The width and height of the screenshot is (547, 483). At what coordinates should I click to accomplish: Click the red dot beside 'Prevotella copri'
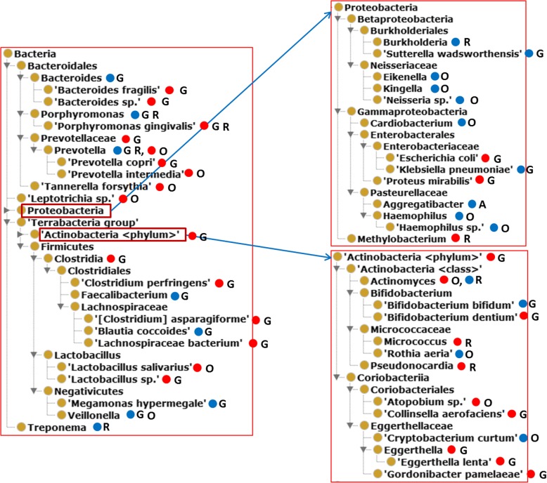[162, 162]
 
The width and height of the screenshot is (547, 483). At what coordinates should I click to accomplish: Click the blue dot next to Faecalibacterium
[165, 296]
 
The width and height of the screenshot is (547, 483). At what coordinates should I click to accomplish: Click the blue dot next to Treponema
[98, 427]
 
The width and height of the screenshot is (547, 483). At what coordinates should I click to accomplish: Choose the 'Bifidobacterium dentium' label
[449, 317]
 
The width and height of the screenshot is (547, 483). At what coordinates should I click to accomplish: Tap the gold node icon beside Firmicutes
[36, 246]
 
